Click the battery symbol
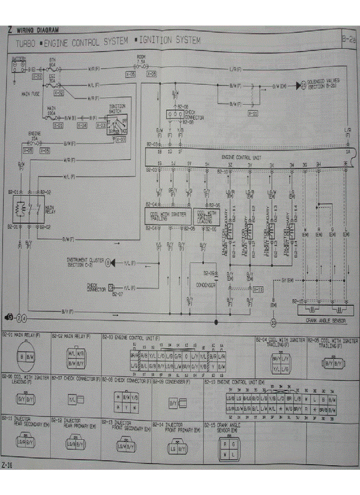click(19, 67)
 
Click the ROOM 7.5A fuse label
click(141, 59)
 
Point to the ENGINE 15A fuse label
click(35, 135)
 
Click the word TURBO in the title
click(25, 43)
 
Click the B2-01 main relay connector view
click(25, 356)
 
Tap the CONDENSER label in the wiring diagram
click(206, 285)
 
